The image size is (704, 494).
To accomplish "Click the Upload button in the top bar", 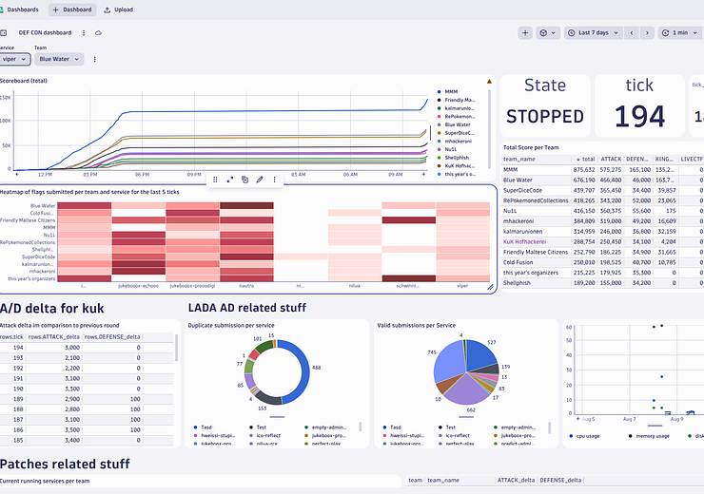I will (x=118, y=9).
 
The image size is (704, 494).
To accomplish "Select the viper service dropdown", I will (x=14, y=59).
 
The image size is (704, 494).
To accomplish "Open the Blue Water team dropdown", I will (x=59, y=59).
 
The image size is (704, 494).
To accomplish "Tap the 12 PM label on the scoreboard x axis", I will (x=45, y=175).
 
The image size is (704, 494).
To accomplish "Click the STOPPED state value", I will (x=544, y=117).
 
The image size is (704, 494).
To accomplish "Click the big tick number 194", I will (x=638, y=116).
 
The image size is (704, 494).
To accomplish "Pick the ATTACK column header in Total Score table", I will (x=611, y=159).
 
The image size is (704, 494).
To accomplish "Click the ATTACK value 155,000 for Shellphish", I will (x=609, y=282).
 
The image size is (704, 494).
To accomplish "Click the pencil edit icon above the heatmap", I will (x=260, y=179).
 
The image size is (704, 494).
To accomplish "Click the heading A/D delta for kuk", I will (x=51, y=308).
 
